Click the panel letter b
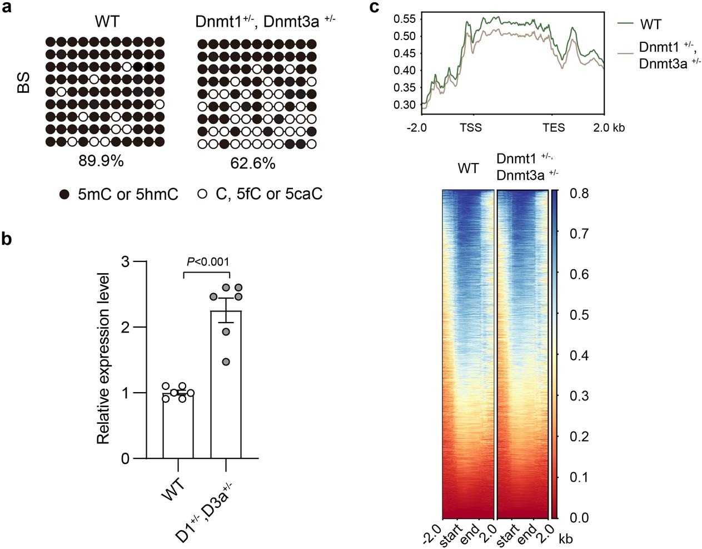coord(8,239)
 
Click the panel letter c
coord(375,7)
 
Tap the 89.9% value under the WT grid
coord(101,161)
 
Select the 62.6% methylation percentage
coord(253,164)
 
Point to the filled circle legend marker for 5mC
coord(65,194)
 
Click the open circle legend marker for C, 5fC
coord(202,194)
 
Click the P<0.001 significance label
coord(208,261)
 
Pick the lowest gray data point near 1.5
coord(226,362)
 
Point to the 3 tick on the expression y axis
coord(126,261)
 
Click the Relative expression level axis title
coord(103,359)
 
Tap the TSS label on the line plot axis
coord(471,128)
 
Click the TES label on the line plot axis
coord(554,128)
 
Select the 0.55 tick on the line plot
coord(404,19)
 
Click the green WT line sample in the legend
coord(626,23)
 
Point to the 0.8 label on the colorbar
coord(579,194)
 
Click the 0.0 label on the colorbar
coord(579,518)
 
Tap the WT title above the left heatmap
coord(468,168)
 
